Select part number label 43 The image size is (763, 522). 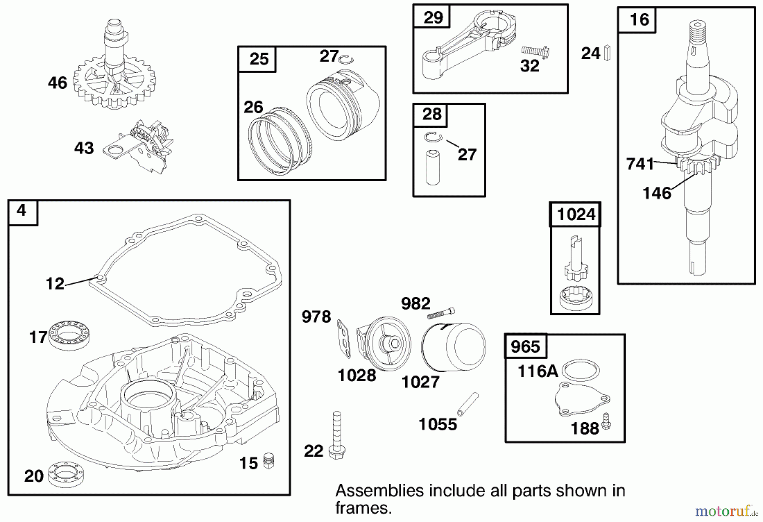(84, 148)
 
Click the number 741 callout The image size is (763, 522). (640, 164)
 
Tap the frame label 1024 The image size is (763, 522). (576, 215)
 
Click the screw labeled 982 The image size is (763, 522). (441, 314)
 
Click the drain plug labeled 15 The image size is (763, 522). (268, 460)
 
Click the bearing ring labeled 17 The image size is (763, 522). (69, 335)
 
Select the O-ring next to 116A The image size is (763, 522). (581, 370)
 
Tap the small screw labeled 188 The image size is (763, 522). (606, 421)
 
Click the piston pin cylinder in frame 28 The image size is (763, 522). (433, 167)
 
